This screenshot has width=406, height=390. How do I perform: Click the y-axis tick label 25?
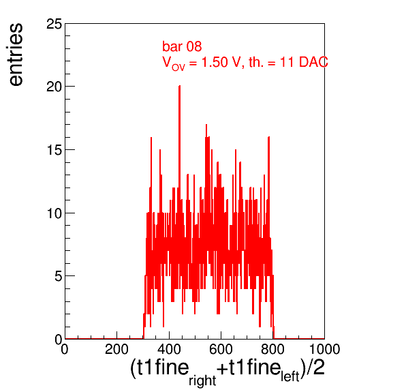pyautogui.click(x=54, y=24)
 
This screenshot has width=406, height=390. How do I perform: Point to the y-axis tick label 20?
pyautogui.click(x=54, y=87)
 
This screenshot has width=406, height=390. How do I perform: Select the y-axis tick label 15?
pyautogui.click(x=54, y=150)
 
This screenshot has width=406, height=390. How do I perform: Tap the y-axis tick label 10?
pyautogui.click(x=54, y=213)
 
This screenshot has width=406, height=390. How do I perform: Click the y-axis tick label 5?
pyautogui.click(x=59, y=276)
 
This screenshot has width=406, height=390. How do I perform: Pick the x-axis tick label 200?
pyautogui.click(x=116, y=349)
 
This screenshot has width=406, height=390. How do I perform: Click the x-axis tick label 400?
pyautogui.click(x=169, y=349)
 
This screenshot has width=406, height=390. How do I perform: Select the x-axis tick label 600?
pyautogui.click(x=221, y=349)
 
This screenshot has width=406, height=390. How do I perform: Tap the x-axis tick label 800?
pyautogui.click(x=272, y=349)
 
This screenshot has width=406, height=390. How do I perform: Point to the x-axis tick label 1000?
pyautogui.click(x=325, y=349)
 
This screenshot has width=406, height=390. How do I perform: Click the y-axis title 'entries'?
pyautogui.click(x=16, y=55)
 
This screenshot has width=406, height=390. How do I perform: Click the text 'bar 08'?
pyautogui.click(x=182, y=46)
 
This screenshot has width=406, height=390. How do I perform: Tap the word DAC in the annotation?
pyautogui.click(x=313, y=62)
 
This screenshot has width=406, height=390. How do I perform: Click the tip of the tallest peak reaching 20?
pyautogui.click(x=179, y=86)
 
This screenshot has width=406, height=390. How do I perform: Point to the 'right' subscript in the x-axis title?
pyautogui.click(x=202, y=381)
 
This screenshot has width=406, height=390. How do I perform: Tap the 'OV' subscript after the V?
pyautogui.click(x=178, y=67)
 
